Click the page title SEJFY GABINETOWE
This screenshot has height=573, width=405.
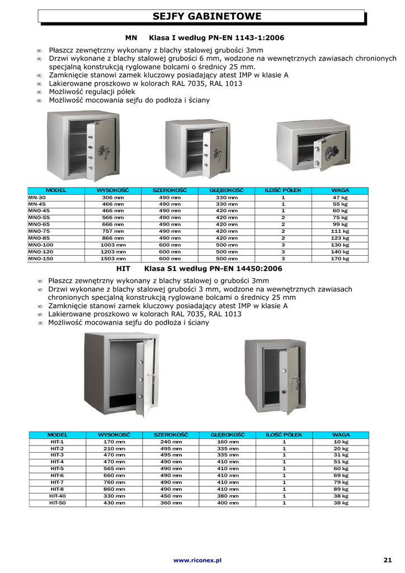(207, 17)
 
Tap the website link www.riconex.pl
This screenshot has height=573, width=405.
(197, 560)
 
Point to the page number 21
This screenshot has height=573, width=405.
(388, 560)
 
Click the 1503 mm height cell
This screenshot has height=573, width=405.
(113, 259)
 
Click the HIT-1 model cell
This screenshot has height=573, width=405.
(57, 442)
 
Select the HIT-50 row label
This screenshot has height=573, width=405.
(57, 503)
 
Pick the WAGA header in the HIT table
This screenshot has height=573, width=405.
(341, 435)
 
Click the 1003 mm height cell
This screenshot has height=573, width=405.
(113, 245)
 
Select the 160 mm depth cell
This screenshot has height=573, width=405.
(227, 442)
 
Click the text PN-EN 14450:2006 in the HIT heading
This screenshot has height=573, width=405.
(246, 269)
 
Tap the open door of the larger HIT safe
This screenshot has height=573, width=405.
(145, 378)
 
